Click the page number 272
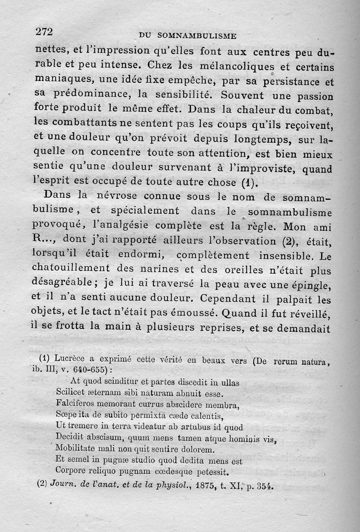point(45,31)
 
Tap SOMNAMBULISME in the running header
point(200,35)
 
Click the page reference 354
point(264,486)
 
